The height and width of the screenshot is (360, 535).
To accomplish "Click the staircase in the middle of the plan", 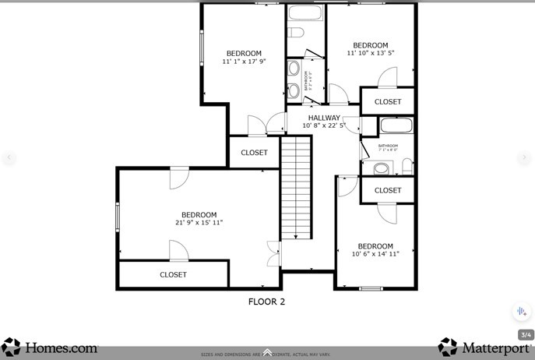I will tap(296, 187).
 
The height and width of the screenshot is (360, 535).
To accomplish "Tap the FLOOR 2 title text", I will tap(266, 302).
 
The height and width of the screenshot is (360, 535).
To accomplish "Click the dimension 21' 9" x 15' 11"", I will tap(199, 223).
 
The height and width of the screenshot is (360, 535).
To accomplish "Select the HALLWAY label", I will tap(324, 118).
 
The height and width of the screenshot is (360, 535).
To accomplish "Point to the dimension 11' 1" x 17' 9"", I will tap(244, 62).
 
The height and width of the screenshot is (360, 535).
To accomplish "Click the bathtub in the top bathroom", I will tap(305, 13).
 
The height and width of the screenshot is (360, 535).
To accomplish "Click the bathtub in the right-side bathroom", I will tap(396, 126).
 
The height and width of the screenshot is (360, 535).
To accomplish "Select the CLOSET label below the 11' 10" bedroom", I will tap(388, 102).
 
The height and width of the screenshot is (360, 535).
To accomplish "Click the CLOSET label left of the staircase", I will tap(254, 153).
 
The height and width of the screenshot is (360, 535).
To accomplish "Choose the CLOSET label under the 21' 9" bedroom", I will tap(173, 275).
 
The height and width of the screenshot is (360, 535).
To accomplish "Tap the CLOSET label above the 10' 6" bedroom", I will tap(388, 190).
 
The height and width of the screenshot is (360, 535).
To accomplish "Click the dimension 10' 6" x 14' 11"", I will tap(375, 254).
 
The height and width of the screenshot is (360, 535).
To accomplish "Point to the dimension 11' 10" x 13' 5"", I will tap(370, 54).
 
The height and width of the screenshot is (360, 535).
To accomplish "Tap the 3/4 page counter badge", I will tap(525, 335).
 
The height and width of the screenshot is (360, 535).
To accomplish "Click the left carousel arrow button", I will tap(9, 157).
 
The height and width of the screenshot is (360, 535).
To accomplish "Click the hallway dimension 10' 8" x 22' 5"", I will tap(324, 125).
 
